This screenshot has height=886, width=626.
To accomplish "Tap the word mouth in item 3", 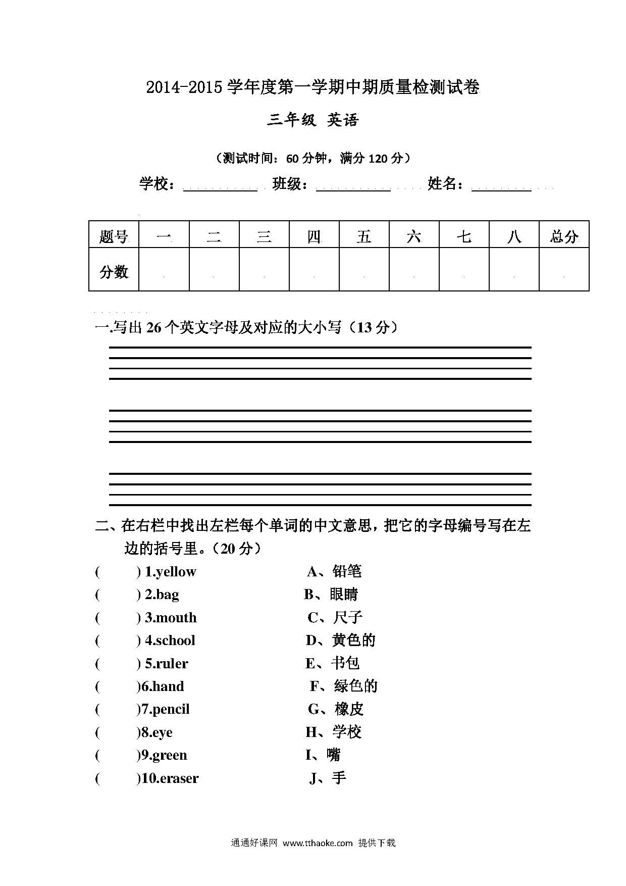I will point(176,618).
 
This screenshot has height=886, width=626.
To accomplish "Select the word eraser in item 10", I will point(179,778).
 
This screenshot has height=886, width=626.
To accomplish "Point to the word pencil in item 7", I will point(171,709).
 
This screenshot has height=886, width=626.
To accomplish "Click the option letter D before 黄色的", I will point(311,641).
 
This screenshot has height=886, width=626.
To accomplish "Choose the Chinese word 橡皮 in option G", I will point(349,709).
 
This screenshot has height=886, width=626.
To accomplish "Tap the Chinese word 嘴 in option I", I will point(334,755).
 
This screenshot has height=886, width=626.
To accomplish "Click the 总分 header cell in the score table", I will point(564,235).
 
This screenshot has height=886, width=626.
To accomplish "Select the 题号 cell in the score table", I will point(114,235).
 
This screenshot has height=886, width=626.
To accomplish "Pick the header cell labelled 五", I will point(364,235).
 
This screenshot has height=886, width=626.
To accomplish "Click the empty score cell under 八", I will point(514,270).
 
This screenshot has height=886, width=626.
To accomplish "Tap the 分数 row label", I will point(114,272).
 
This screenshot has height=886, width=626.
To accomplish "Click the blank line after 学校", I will point(220,188).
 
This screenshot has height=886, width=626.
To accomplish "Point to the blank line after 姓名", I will point(501,188).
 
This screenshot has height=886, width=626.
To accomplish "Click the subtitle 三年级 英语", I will point(312,120).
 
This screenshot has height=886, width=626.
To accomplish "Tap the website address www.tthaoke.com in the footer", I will point(318,843).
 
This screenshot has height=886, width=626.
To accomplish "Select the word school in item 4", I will point(175,641).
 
